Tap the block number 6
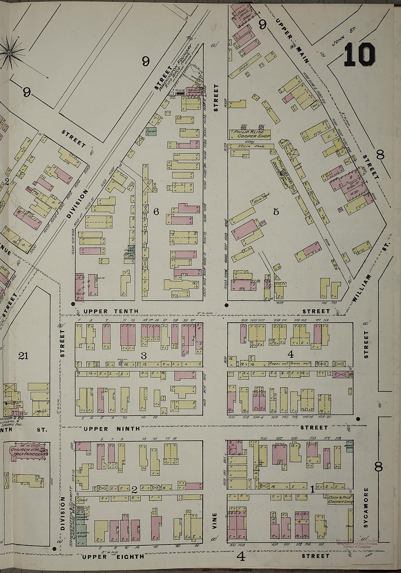pyautogui.click(x=156, y=211)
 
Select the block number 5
pyautogui.click(x=276, y=211)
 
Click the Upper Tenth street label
pyautogui.click(x=111, y=311)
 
